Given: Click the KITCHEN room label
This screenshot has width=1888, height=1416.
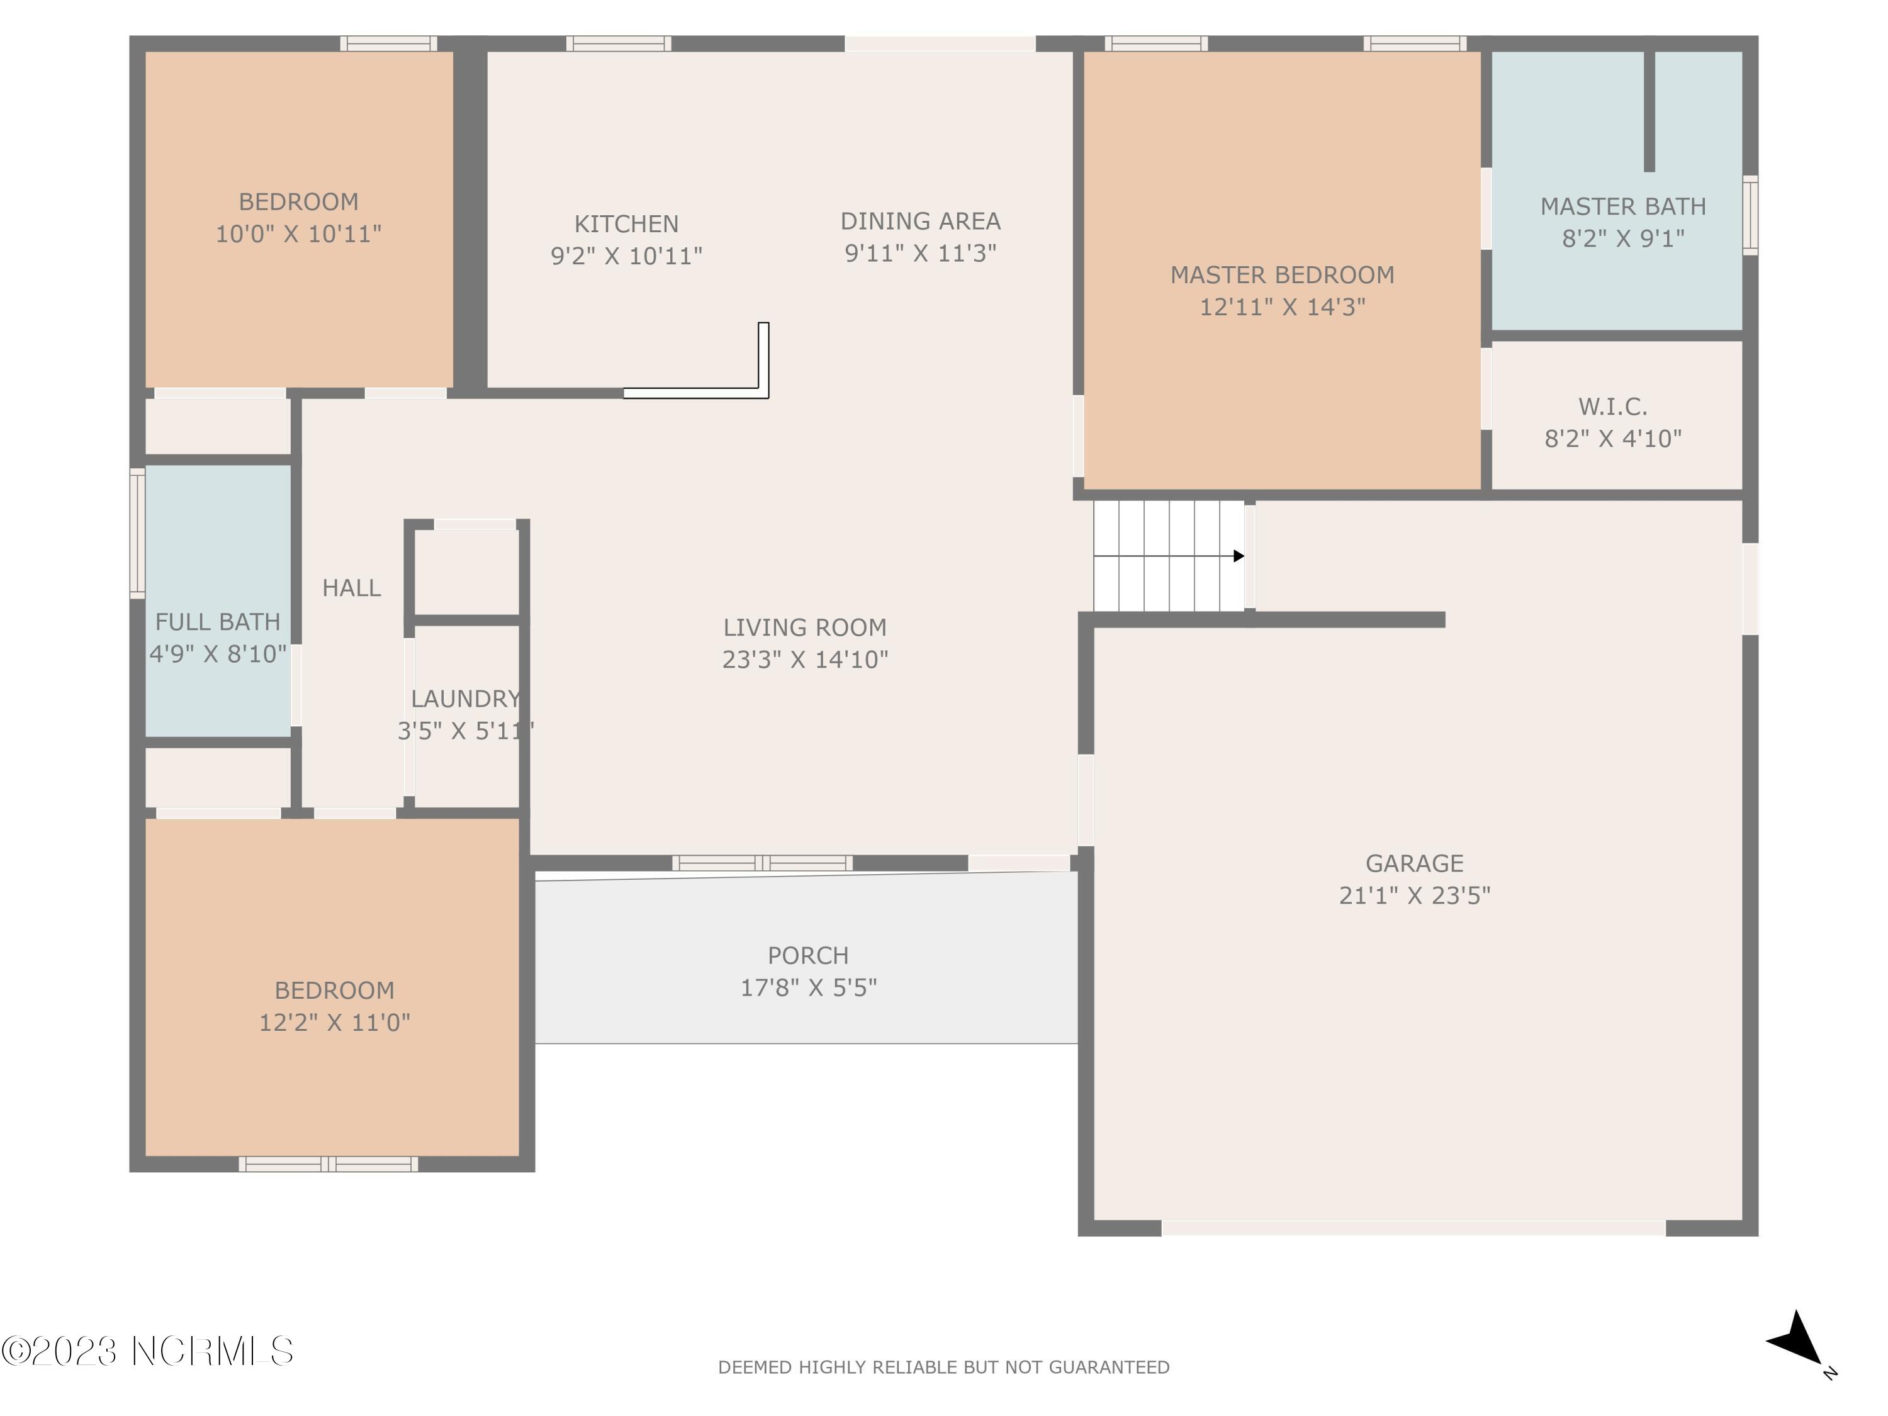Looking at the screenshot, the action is pyautogui.click(x=626, y=223).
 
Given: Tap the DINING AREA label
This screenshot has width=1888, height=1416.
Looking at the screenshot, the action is pyautogui.click(x=920, y=221).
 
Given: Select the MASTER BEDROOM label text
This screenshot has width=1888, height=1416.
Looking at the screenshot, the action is pyautogui.click(x=1282, y=275).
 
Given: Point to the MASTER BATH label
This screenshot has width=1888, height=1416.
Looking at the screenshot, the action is pyautogui.click(x=1624, y=206).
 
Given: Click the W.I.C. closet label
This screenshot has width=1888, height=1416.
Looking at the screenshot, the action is pyautogui.click(x=1613, y=407).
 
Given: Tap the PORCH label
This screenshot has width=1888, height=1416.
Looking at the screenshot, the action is pyautogui.click(x=808, y=955).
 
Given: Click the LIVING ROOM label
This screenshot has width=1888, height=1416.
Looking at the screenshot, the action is pyautogui.click(x=805, y=627).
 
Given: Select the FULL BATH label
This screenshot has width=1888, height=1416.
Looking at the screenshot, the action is pyautogui.click(x=218, y=621).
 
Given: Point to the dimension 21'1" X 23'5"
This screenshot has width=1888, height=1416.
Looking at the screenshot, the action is pyautogui.click(x=1414, y=894).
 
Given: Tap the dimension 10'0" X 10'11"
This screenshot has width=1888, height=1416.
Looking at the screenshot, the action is pyautogui.click(x=298, y=233).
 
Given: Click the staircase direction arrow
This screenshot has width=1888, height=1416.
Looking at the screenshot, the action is pyautogui.click(x=1169, y=556).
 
